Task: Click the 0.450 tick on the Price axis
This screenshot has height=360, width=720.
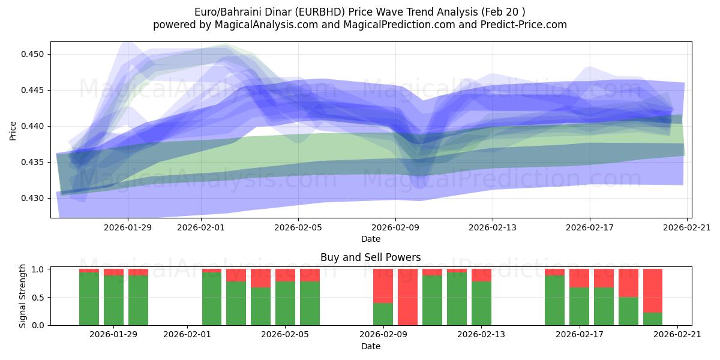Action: tap(35, 54)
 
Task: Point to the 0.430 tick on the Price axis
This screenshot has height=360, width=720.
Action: tap(35, 198)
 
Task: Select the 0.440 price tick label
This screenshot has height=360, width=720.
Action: tap(35, 126)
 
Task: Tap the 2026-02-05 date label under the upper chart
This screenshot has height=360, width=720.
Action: tap(298, 227)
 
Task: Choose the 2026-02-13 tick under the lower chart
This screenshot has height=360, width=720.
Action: tap(481, 334)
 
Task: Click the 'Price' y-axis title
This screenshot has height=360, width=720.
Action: tap(13, 130)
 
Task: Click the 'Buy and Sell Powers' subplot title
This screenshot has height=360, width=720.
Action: tap(370, 257)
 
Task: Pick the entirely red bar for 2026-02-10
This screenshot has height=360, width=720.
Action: tap(407, 297)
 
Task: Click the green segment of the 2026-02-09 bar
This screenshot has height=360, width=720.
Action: tap(383, 314)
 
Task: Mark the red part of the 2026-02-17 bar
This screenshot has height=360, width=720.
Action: tap(579, 278)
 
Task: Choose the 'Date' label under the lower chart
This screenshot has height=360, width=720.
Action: tap(370, 346)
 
